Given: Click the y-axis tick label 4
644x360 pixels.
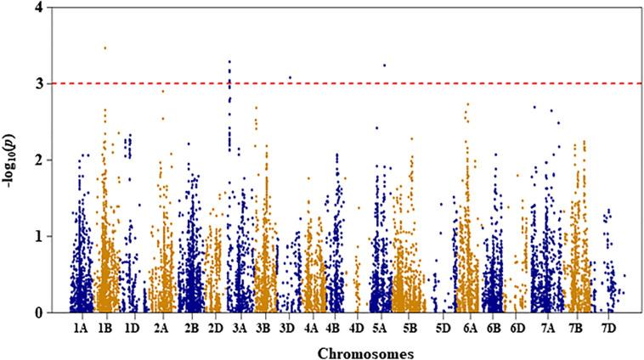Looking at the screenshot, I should point(54,8).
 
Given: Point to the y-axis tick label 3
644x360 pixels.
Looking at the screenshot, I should point(54,83).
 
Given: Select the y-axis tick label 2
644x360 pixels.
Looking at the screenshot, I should point(54,160).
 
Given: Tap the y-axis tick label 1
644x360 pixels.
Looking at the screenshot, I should point(54,236).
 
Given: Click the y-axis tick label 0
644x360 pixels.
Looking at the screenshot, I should point(54,312).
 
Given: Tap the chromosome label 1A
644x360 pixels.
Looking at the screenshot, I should point(82,326).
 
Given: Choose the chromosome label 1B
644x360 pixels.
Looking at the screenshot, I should point(107,326).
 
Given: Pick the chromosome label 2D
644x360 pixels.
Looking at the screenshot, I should point(215,326).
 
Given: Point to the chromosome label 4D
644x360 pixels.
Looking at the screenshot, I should point(358,326).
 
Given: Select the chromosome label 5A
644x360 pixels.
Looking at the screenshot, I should point(380,326).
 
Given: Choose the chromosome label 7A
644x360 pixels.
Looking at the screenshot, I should point(546,326).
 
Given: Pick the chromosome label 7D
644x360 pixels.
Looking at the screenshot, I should point(609,326).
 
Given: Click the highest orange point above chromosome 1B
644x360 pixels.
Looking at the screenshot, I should point(105,48).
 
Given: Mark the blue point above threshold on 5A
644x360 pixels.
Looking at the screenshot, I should point(384,65).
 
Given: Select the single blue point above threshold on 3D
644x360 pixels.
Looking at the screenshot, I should point(290,77).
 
